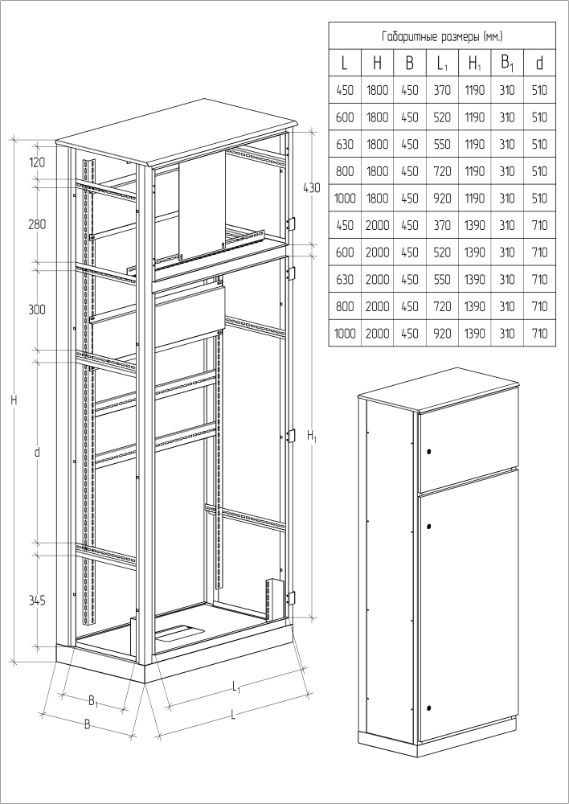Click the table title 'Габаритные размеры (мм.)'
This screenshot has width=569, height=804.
click(442, 36)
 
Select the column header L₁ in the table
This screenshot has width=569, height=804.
click(442, 64)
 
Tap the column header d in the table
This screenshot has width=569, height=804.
click(539, 63)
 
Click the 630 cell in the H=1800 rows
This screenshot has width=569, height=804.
click(345, 144)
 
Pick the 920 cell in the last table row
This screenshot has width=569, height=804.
click(442, 334)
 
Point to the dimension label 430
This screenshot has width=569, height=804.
click(312, 187)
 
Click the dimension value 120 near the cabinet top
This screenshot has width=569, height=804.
click(37, 162)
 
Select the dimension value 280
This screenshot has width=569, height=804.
click(37, 224)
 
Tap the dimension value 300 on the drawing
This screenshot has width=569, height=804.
click(37, 310)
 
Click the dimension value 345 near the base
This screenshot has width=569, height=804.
click(37, 600)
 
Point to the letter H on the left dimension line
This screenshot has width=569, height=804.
click(14, 400)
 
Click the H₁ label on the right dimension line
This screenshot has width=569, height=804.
click(312, 437)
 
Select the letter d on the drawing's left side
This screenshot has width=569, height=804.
click(37, 452)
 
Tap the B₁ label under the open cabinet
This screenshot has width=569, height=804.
click(93, 700)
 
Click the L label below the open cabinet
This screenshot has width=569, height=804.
click(234, 715)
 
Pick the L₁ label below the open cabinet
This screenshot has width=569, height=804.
click(236, 687)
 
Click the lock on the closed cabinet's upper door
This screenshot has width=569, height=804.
click(428, 452)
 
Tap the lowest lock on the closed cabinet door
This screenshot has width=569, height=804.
click(428, 708)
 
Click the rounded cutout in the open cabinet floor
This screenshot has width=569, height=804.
click(179, 633)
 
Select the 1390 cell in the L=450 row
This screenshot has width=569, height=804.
click(475, 225)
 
